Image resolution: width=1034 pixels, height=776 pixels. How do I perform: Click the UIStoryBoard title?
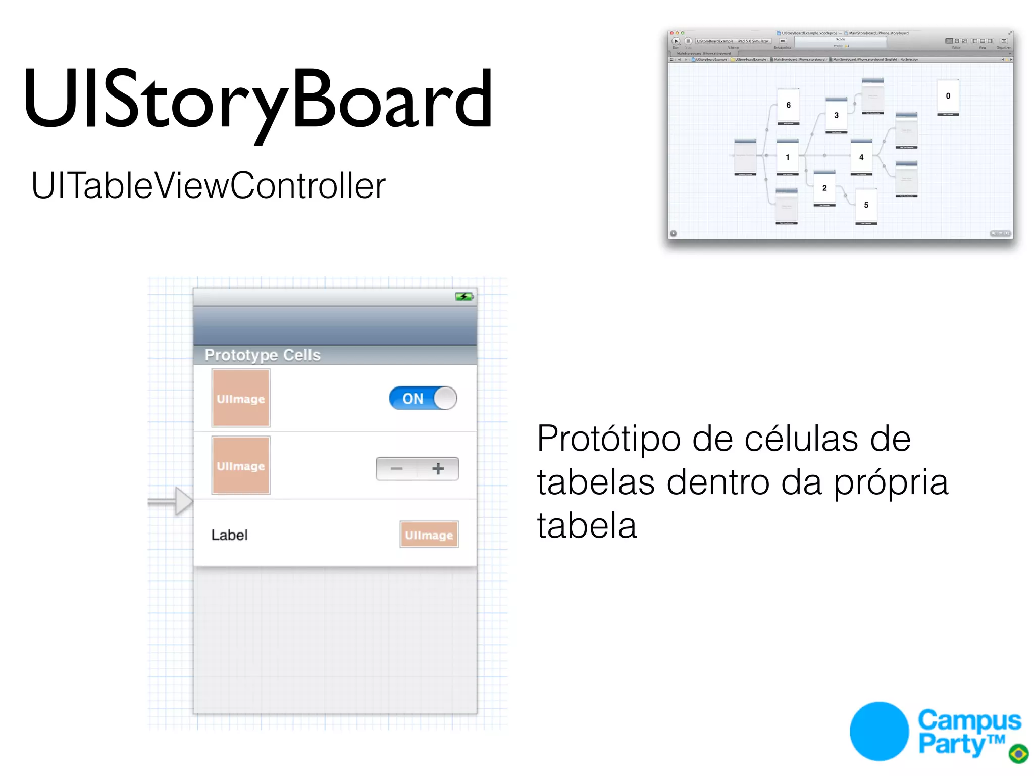(257, 99)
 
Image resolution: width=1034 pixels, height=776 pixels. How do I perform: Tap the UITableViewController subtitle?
(208, 185)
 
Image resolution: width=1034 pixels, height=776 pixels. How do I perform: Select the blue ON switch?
(423, 398)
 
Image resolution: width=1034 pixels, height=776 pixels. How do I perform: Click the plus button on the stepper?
(438, 469)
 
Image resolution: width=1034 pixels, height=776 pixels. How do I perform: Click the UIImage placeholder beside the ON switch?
(241, 398)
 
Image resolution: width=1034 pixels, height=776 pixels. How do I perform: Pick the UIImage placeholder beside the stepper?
(241, 465)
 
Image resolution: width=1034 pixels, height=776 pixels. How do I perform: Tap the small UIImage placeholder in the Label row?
(429, 535)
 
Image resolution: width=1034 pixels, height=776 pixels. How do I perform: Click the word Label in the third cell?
(229, 535)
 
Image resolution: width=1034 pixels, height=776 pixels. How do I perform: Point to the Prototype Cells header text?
(263, 355)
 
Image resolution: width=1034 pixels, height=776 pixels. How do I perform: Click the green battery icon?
(464, 297)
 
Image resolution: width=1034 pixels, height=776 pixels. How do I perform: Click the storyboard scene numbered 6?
(788, 106)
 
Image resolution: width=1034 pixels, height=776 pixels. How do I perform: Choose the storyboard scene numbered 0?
(948, 96)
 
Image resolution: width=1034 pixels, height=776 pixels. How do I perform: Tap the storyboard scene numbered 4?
(861, 157)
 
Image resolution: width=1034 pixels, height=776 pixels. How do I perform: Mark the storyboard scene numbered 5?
(866, 205)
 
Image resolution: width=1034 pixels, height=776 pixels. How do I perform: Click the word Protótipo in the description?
(609, 439)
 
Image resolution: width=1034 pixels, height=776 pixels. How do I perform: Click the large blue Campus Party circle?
(879, 731)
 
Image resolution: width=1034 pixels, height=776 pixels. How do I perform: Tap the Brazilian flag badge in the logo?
(1018, 753)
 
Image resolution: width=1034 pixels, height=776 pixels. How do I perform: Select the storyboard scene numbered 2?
(824, 188)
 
